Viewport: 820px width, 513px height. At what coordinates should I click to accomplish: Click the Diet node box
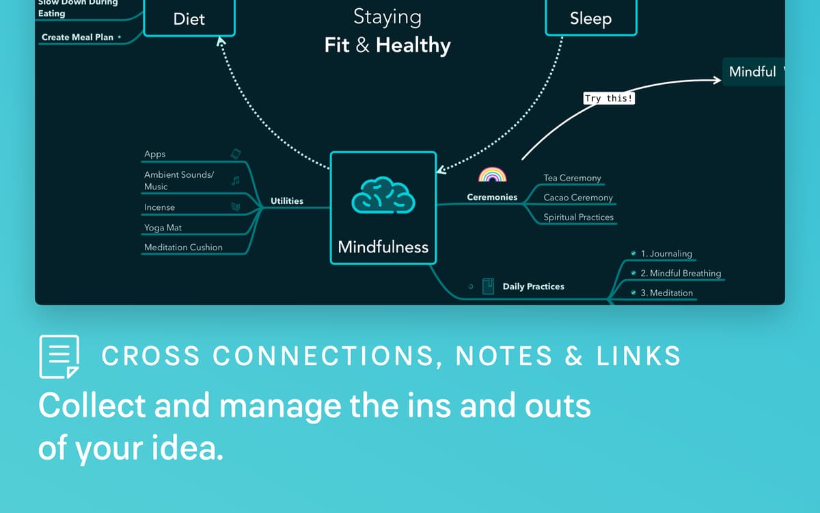(189, 18)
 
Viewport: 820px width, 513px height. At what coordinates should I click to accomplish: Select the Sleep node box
(590, 18)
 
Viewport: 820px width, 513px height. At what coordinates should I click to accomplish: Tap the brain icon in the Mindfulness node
(383, 196)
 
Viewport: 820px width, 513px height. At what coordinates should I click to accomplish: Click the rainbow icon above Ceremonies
(492, 174)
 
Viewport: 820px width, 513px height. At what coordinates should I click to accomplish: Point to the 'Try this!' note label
(609, 98)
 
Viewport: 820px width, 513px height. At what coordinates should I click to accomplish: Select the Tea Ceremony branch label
(572, 178)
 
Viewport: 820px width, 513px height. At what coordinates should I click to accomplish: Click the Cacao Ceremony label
(578, 198)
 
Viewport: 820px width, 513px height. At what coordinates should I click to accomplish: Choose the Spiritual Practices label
(578, 218)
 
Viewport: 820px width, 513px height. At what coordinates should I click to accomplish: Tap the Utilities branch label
(287, 200)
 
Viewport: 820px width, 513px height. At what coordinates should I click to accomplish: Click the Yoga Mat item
(163, 228)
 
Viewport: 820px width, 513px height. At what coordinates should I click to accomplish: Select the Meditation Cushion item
(183, 248)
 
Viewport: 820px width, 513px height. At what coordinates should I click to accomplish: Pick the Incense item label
(159, 207)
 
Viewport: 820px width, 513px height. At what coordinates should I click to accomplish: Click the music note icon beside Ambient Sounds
(236, 181)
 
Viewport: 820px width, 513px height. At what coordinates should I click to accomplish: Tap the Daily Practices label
(533, 287)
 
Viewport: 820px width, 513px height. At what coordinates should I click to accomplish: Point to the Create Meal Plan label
(77, 37)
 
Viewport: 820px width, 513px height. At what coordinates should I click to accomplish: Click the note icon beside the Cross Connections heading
(59, 356)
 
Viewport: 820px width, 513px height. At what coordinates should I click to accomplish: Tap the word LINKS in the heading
(638, 356)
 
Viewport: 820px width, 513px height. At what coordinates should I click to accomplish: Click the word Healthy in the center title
(413, 46)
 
